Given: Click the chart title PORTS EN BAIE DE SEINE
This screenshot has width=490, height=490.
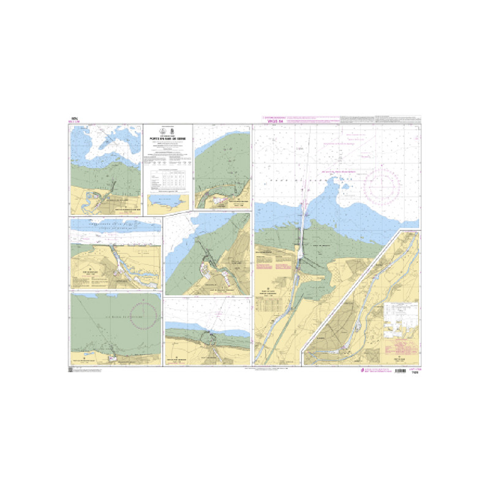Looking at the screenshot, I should tap(167, 139).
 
